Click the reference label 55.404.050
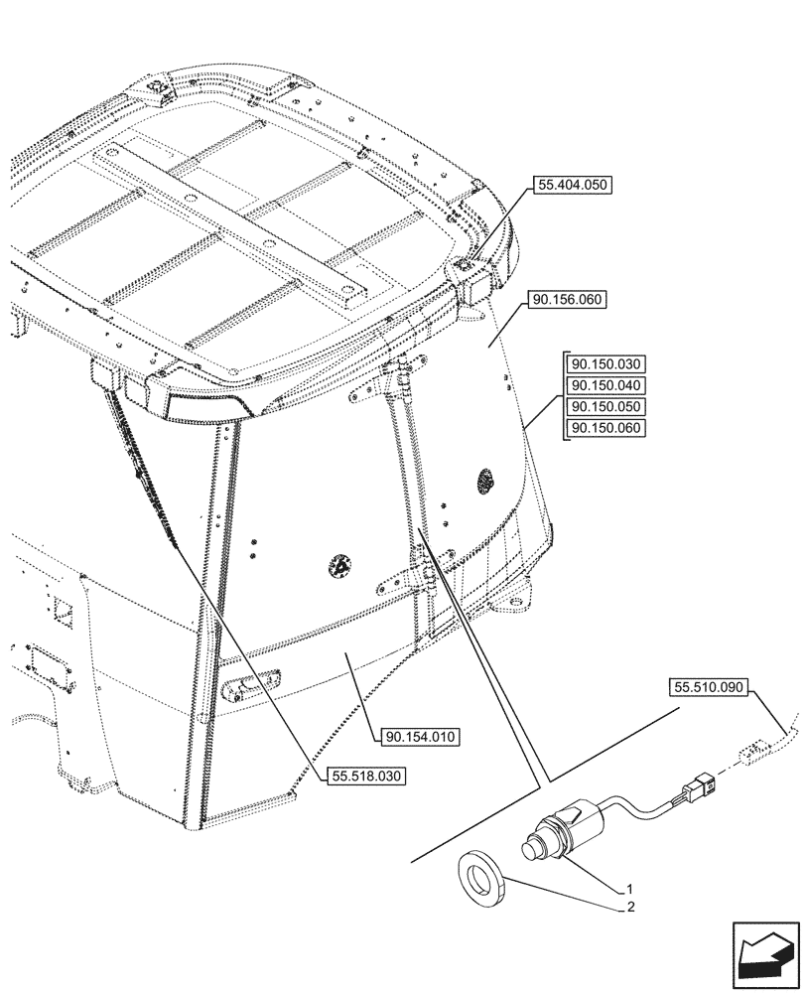(x=574, y=185)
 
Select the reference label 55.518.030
(x=366, y=777)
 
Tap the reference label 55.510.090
(x=711, y=686)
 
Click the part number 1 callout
(x=629, y=887)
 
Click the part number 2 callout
(x=629, y=907)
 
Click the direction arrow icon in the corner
(x=763, y=956)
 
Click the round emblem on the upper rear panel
(x=485, y=480)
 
